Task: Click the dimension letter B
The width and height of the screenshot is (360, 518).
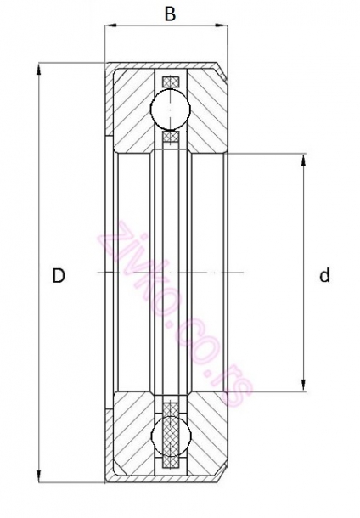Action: point(170,14)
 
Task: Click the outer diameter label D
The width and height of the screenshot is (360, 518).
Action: point(59,275)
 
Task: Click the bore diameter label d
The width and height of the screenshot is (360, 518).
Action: point(325,275)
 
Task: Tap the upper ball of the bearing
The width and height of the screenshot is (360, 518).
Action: point(170,109)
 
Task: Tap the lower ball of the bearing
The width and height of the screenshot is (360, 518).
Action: point(171,436)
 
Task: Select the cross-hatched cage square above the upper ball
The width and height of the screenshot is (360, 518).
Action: point(171,82)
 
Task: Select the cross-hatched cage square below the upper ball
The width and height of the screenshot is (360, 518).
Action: point(171,137)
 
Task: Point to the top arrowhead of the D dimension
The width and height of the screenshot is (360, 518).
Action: point(39,70)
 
